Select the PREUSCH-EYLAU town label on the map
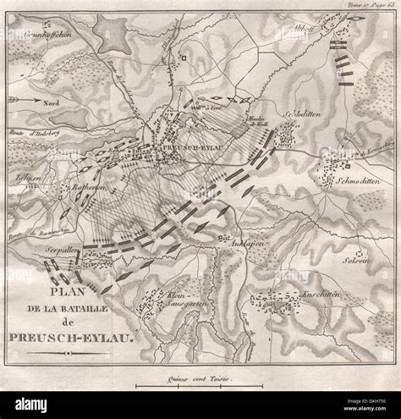pos(194,144)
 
